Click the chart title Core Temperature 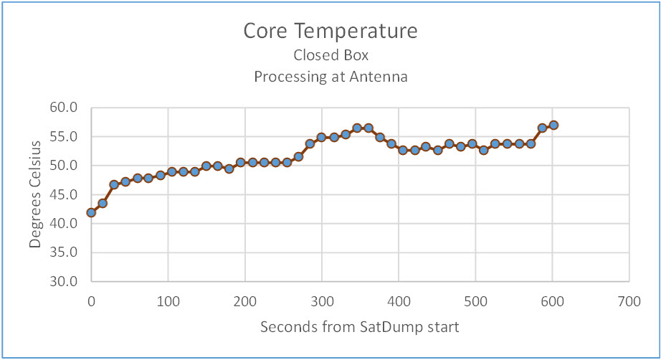(x=330, y=32)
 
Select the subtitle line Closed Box (x=330, y=55)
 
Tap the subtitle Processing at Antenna (x=330, y=77)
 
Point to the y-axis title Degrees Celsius (x=35, y=194)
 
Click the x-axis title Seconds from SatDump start (x=359, y=327)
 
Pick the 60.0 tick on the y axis (x=63, y=108)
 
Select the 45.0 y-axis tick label (x=63, y=194)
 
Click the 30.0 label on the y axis (x=63, y=281)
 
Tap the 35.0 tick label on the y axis (x=63, y=252)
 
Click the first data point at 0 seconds (x=91, y=212)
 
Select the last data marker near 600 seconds (x=553, y=125)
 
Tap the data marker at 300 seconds (x=322, y=137)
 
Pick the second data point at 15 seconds (x=103, y=203)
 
